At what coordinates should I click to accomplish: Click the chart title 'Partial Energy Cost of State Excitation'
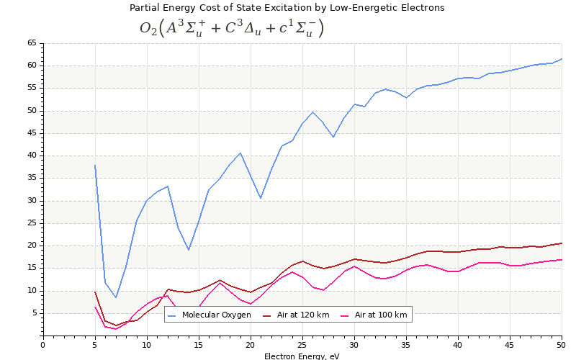pyautogui.click(x=287, y=8)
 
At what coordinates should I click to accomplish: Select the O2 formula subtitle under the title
pyautogui.click(x=232, y=28)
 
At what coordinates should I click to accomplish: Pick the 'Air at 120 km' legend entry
pyautogui.click(x=297, y=315)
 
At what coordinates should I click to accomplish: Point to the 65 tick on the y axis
pyautogui.click(x=32, y=43)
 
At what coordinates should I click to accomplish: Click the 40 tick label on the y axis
pyautogui.click(x=32, y=156)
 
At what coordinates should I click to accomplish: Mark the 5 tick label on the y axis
pyautogui.click(x=34, y=313)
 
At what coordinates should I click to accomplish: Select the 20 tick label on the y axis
pyautogui.click(x=32, y=246)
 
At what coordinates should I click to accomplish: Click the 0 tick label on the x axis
pyautogui.click(x=43, y=345)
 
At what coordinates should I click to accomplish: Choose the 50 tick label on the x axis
pyautogui.click(x=562, y=345)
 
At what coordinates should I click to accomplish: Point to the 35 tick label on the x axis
pyautogui.click(x=406, y=345)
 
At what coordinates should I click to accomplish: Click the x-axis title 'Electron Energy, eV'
pyautogui.click(x=302, y=356)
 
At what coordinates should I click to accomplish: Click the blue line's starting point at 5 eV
pyautogui.click(x=95, y=165)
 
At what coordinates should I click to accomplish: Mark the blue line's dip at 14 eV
pyautogui.click(x=189, y=250)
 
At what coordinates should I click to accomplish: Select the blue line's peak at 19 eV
pyautogui.click(x=240, y=153)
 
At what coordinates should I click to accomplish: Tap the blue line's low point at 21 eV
pyautogui.click(x=261, y=198)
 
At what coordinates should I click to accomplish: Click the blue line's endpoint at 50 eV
pyautogui.click(x=562, y=59)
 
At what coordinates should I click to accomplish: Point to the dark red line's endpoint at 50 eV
pyautogui.click(x=562, y=243)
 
